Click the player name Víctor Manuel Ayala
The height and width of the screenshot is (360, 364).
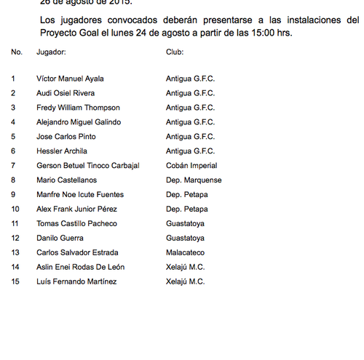[x=70, y=79]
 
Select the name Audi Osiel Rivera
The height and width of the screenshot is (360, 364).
[x=66, y=93]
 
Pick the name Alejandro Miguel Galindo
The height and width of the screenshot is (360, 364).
[x=79, y=122]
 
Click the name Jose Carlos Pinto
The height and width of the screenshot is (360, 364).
[x=66, y=137]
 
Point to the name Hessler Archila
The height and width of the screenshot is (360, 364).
[x=62, y=151]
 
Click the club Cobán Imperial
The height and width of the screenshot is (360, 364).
[x=191, y=166]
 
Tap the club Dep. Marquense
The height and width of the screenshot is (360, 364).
[x=194, y=180]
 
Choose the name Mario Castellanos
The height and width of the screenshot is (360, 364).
[x=67, y=180]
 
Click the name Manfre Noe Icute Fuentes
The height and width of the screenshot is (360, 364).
[x=80, y=195]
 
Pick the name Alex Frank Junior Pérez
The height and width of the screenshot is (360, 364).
[x=76, y=209]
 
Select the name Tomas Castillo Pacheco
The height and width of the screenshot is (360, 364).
[x=76, y=224]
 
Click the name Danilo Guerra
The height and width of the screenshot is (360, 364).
[x=60, y=239]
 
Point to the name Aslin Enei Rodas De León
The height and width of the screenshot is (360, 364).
[x=80, y=268]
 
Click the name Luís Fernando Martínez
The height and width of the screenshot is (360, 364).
[x=76, y=282]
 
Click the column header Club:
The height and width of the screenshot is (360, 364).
[x=175, y=52]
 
